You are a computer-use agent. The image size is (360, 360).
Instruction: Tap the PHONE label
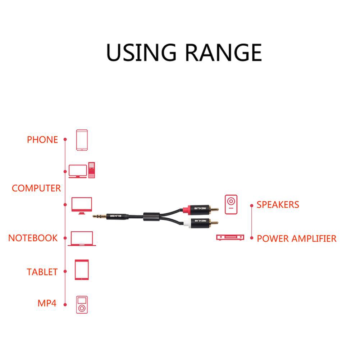click(42, 140)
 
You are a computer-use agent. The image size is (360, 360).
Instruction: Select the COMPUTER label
click(36, 188)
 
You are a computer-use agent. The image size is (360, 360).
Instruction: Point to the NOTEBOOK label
click(33, 238)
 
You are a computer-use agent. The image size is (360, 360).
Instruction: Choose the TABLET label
click(42, 272)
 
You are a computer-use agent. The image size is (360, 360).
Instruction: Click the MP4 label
click(47, 303)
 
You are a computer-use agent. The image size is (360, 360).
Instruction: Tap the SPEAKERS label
click(278, 205)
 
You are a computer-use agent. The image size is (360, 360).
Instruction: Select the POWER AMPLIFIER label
click(297, 238)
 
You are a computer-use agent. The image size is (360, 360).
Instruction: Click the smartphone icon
click(82, 140)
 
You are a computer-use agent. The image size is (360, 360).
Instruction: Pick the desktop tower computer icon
click(91, 170)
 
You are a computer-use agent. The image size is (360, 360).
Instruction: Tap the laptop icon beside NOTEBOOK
click(82, 239)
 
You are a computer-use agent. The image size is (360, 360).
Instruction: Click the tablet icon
click(82, 270)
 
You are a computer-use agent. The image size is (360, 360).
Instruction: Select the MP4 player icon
click(82, 305)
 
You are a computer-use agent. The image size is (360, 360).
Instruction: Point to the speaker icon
click(231, 205)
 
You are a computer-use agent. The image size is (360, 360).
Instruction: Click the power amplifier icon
click(230, 237)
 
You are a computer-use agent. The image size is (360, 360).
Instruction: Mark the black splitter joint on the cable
click(150, 217)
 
